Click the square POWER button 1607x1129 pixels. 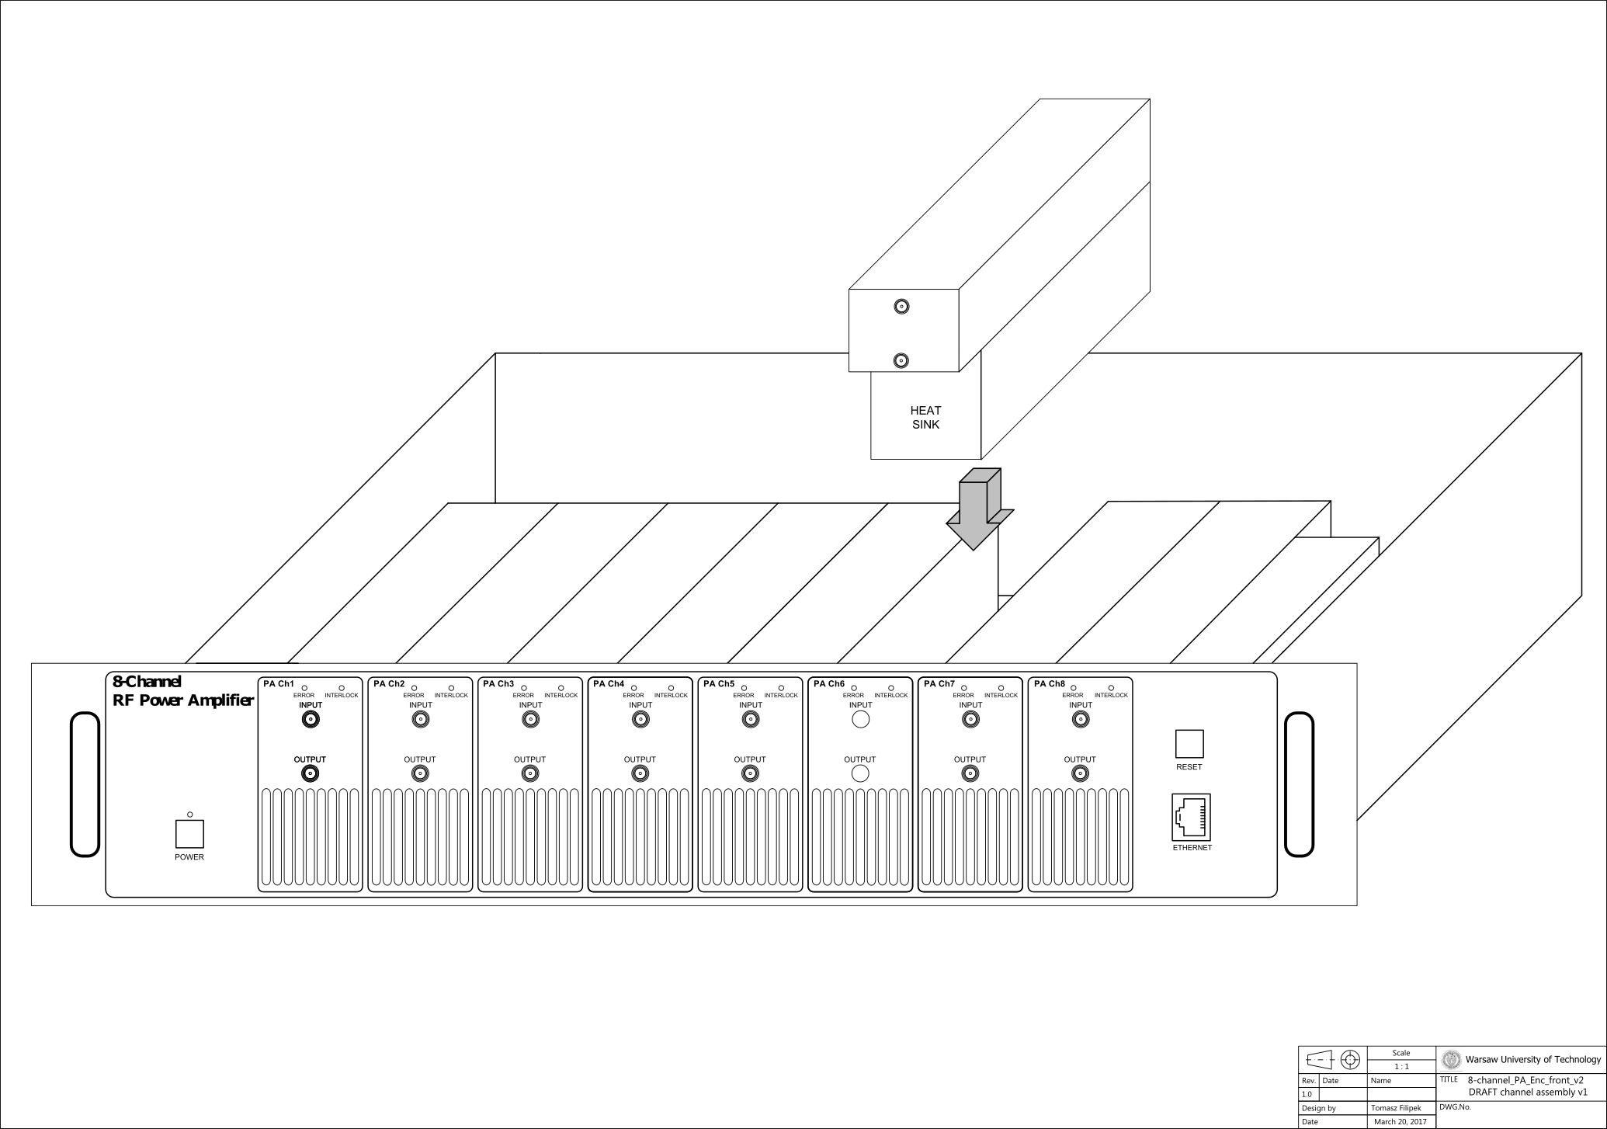point(189,834)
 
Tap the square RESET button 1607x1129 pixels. point(1189,744)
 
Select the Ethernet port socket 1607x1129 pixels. point(1191,818)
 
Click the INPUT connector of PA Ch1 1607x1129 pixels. point(311,720)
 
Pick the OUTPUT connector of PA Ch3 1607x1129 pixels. point(530,773)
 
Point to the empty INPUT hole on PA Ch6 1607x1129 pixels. point(860,720)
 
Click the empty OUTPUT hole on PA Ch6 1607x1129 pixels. point(860,773)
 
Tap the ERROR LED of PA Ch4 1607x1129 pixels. point(633,688)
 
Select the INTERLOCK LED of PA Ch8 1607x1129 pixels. point(1111,688)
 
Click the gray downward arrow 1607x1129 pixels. point(979,509)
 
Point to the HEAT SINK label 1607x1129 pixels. point(925,417)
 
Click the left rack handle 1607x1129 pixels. point(85,784)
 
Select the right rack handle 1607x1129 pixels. point(1299,784)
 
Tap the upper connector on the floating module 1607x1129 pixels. point(901,307)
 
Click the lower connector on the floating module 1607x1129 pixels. point(901,360)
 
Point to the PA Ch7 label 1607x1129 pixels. point(939,684)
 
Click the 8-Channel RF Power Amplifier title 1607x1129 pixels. point(183,691)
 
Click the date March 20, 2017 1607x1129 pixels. point(1400,1122)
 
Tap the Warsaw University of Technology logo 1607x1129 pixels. point(1450,1059)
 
